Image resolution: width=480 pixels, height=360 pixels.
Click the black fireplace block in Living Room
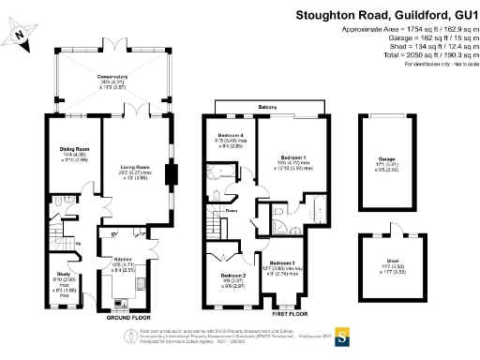point(170,177)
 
